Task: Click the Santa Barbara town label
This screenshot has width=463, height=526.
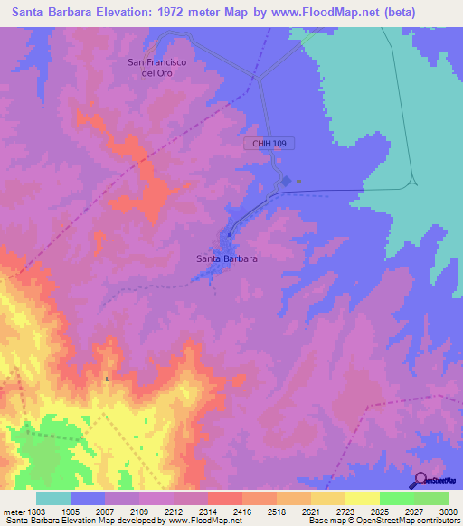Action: [227, 258]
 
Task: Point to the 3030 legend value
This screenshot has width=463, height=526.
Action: [448, 511]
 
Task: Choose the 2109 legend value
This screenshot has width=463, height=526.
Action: [138, 511]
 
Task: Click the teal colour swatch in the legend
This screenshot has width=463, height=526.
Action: [53, 498]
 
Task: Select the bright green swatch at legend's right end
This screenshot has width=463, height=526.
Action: [431, 498]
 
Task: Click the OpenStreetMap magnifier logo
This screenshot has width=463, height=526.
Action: [420, 480]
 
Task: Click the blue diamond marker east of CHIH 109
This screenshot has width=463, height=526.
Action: [286, 181]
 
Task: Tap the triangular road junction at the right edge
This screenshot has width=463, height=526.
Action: [412, 181]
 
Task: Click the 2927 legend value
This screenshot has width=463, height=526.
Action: [413, 511]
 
